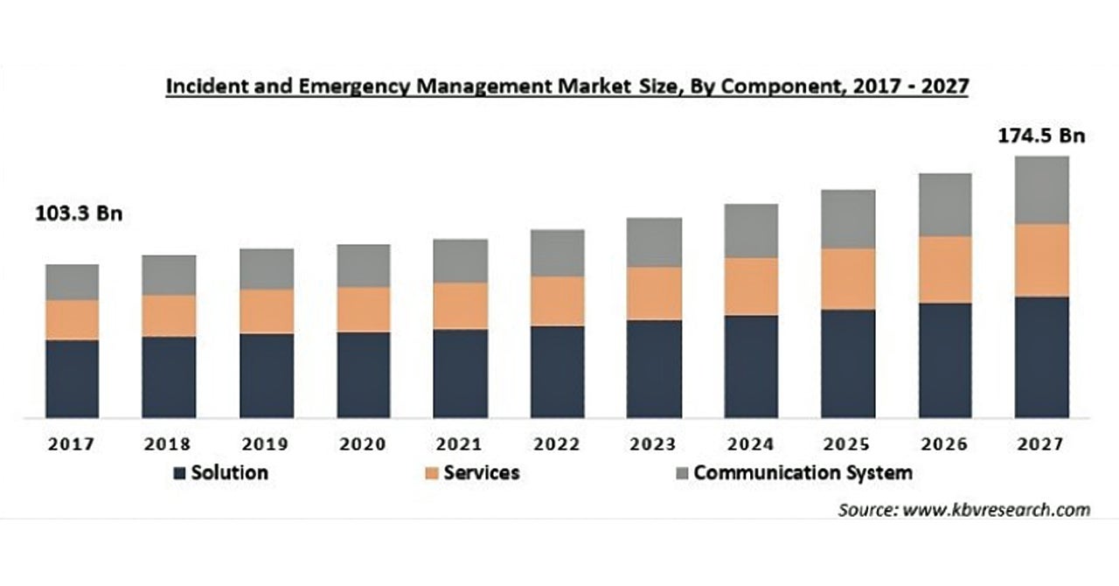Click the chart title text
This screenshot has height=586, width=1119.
click(x=566, y=87)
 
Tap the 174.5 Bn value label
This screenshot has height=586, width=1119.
click(x=1040, y=136)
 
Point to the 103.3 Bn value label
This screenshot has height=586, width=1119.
click(x=79, y=213)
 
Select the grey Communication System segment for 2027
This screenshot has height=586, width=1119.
click(x=1041, y=190)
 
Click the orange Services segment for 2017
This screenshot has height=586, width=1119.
click(x=73, y=320)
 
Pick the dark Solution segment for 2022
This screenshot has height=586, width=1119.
click(x=557, y=372)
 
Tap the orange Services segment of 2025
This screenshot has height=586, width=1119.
click(x=848, y=279)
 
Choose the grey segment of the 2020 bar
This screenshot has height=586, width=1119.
click(x=363, y=266)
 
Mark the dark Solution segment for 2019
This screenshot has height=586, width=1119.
click(x=267, y=375)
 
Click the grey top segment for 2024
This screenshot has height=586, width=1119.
click(x=751, y=231)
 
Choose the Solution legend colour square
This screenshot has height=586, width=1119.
click(x=180, y=473)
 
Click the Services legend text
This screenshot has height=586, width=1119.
click(x=481, y=473)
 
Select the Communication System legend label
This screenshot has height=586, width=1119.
click(x=803, y=473)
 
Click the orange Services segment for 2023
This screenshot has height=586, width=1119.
click(x=654, y=293)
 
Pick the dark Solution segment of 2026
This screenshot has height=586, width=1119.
click(x=944, y=360)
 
